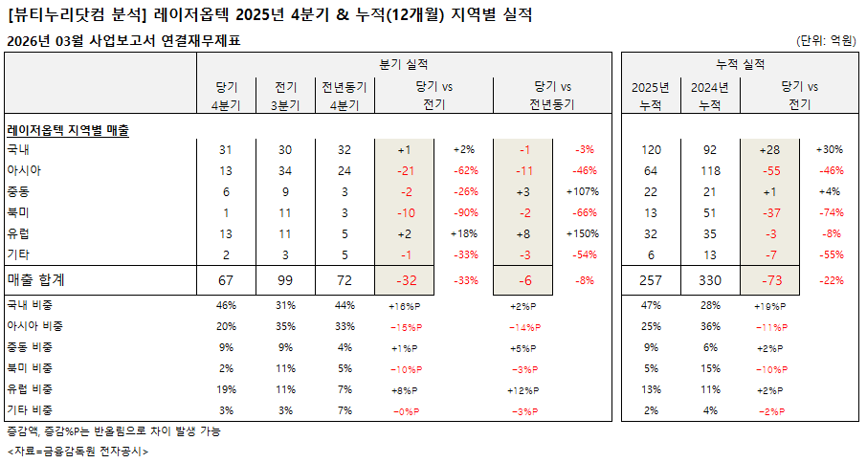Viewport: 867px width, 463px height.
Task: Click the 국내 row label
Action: tap(18, 150)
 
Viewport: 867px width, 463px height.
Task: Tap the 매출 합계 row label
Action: tap(42, 279)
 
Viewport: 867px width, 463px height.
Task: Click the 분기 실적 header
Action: tap(403, 64)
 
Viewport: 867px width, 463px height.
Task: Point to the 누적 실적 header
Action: tap(741, 64)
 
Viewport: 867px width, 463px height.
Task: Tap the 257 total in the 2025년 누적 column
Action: tap(651, 279)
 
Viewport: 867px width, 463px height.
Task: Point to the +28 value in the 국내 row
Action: tap(769, 150)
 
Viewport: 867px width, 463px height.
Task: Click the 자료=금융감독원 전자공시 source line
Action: tap(78, 451)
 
